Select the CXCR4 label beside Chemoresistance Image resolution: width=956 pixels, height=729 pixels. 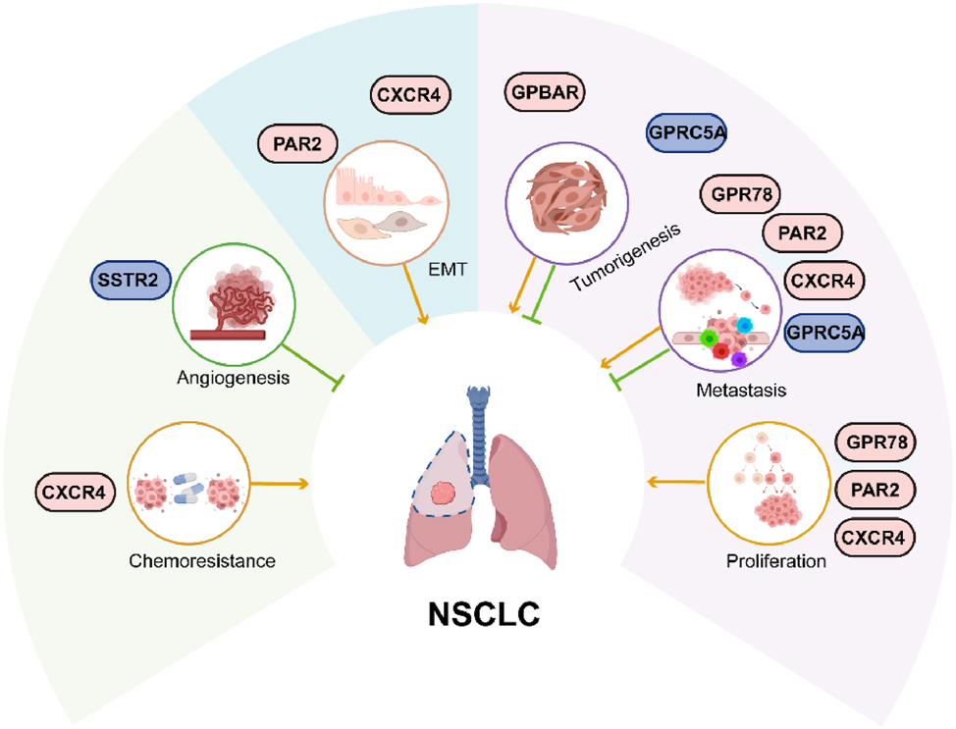tap(73, 489)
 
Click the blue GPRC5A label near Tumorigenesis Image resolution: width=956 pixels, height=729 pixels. tap(687, 133)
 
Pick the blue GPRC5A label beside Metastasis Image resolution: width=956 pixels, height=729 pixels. tap(825, 333)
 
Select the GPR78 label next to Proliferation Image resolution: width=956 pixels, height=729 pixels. tap(875, 442)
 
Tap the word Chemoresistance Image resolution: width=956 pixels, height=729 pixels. tap(199, 561)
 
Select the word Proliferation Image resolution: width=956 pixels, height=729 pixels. tap(776, 562)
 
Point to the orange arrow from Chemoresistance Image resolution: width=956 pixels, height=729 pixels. tap(280, 483)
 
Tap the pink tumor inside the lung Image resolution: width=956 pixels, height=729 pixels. tap(446, 493)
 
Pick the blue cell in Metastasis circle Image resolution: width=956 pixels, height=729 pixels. tap(744, 325)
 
